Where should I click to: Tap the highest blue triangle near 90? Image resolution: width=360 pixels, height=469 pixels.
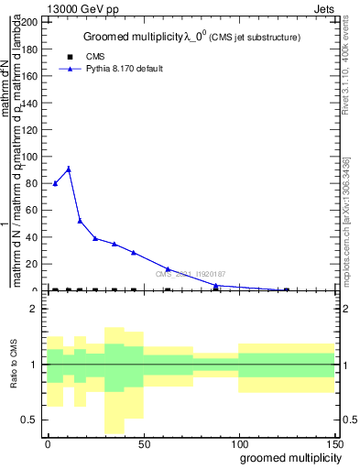point(69,169)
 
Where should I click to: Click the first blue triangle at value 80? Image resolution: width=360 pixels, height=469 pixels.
point(55,183)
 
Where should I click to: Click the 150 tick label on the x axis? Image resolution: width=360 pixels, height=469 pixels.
point(334,443)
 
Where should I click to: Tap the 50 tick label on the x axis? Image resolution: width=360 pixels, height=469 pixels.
point(143,443)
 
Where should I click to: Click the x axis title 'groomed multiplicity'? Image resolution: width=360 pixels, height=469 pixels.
point(287,456)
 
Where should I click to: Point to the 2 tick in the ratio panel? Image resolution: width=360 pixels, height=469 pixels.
point(37,310)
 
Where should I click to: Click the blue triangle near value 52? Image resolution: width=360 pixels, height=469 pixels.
point(80,221)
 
